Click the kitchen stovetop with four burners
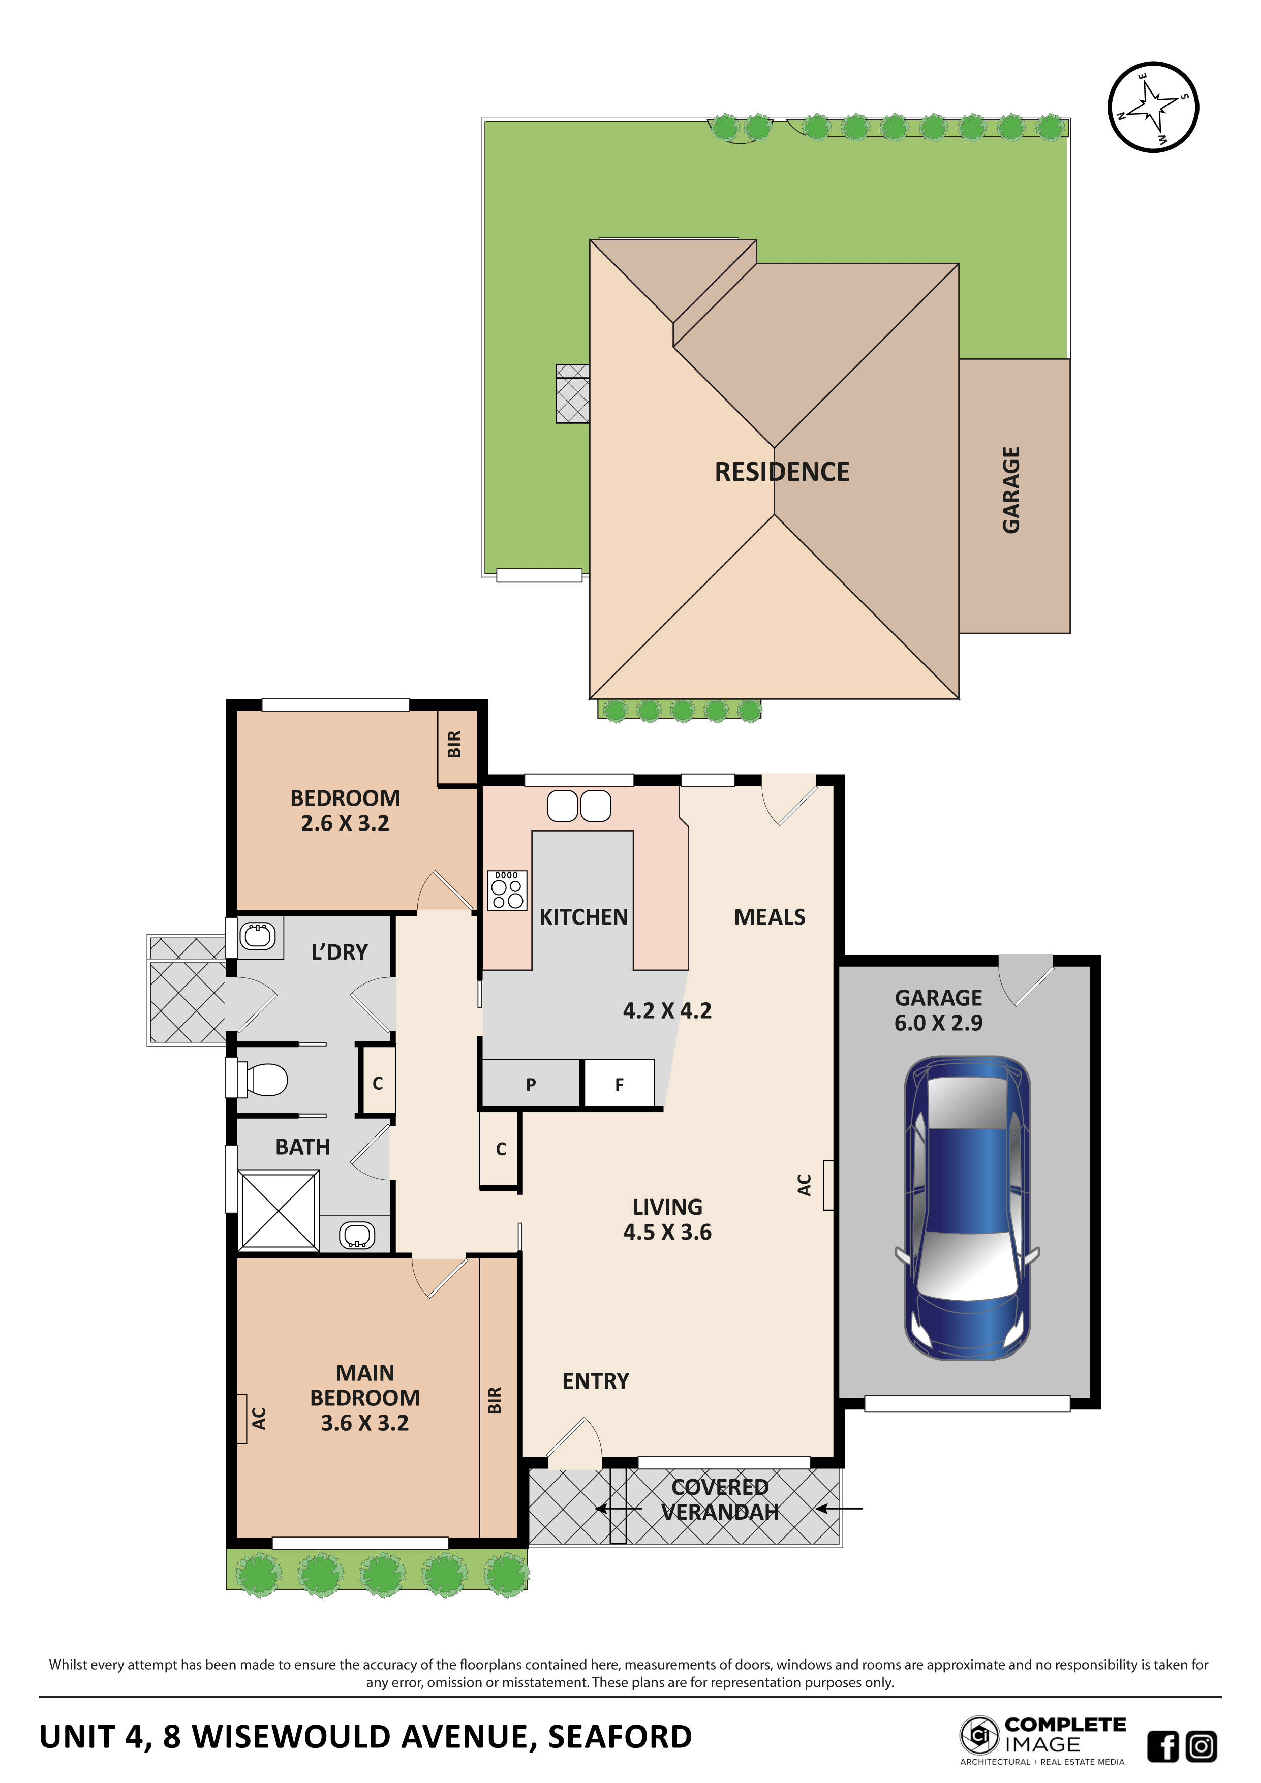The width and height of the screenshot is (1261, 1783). tap(506, 890)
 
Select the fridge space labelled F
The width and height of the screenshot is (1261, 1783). tap(619, 1084)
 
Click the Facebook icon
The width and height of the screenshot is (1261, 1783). tap(1162, 1746)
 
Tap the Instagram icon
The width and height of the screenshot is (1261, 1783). tap(1201, 1746)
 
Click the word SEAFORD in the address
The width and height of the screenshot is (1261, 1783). tap(620, 1737)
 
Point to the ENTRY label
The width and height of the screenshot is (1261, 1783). tap(596, 1381)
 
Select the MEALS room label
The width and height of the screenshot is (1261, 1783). tap(770, 917)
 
